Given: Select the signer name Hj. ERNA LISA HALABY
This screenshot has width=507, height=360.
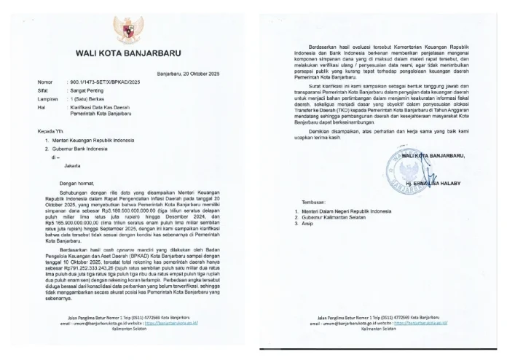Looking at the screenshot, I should (446, 185).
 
